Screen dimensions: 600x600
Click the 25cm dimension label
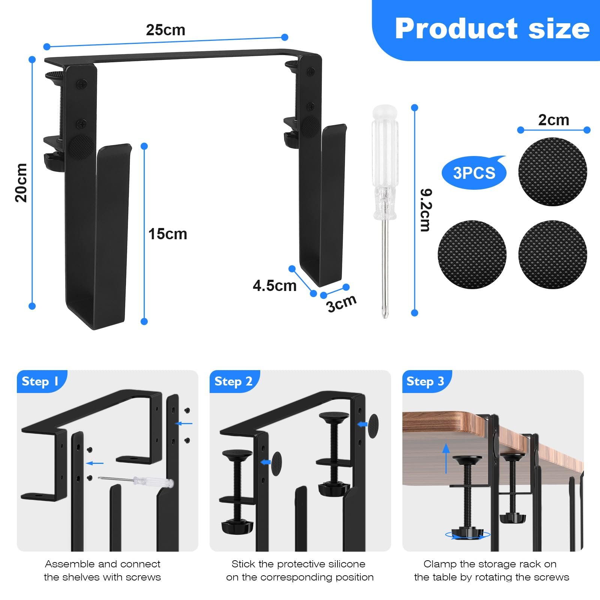pos(166,30)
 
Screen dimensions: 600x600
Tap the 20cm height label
pos(21,183)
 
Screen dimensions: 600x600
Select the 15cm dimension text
pos(168,234)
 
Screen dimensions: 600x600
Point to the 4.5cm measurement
pos(274,286)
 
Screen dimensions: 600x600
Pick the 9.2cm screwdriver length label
pos(426,210)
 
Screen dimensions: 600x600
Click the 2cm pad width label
pos(553,120)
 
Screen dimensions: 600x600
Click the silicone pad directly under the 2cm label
pos(553,171)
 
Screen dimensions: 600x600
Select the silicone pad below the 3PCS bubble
pos(472,254)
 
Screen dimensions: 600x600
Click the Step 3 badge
pos(426,381)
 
